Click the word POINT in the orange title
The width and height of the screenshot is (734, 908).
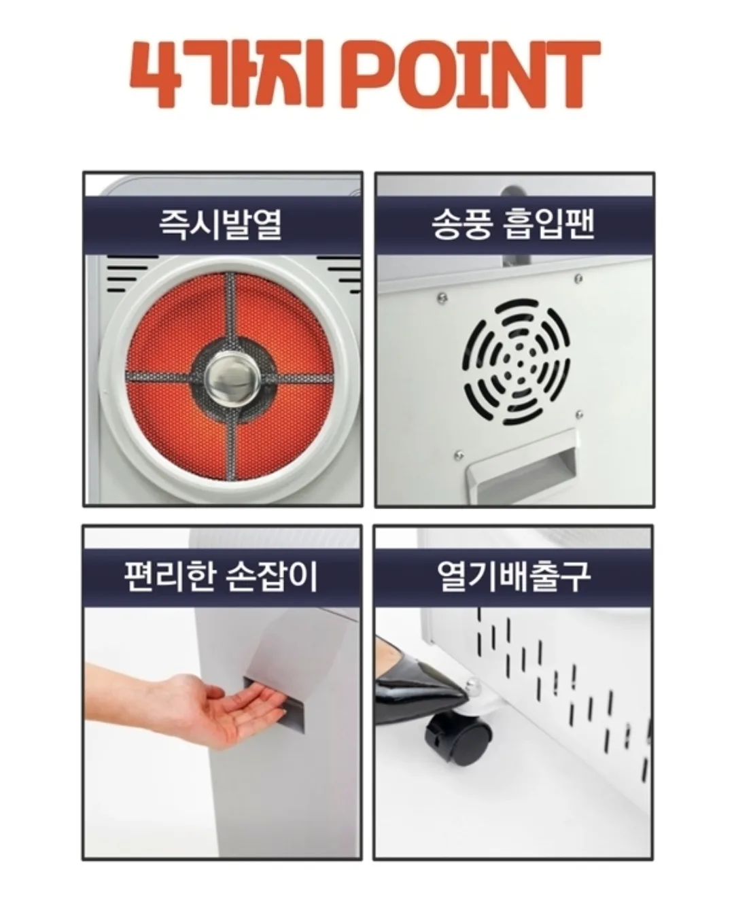tap(476, 74)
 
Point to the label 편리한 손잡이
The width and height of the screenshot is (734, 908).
tap(222, 576)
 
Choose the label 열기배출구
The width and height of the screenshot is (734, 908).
tap(514, 576)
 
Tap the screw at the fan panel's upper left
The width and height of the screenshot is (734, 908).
tap(442, 296)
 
